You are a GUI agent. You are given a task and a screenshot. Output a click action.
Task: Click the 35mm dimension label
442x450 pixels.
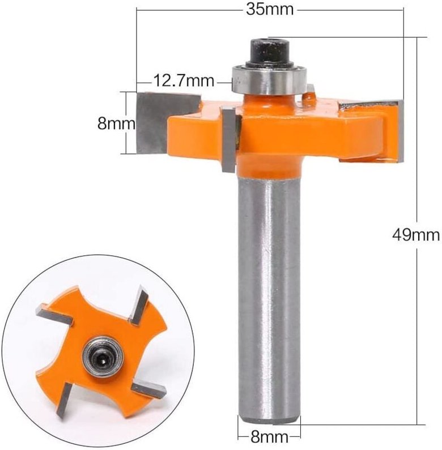[270, 10]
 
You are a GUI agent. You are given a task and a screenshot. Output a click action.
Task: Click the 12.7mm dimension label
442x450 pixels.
[182, 81]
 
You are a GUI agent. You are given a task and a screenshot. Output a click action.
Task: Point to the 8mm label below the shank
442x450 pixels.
[269, 437]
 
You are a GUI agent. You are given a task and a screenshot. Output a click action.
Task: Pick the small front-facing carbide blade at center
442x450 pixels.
[229, 140]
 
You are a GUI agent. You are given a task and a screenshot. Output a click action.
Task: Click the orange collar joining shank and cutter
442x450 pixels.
[269, 164]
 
